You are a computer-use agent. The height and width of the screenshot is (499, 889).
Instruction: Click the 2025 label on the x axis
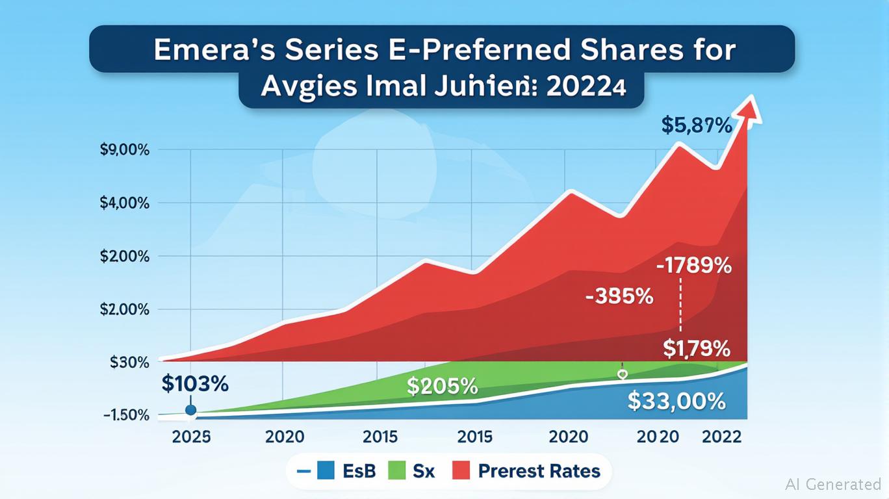[191, 437]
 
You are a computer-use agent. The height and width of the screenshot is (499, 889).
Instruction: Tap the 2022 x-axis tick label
[721, 437]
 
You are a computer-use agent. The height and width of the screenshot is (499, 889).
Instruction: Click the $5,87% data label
[697, 125]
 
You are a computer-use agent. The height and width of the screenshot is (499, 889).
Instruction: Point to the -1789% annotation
[693, 266]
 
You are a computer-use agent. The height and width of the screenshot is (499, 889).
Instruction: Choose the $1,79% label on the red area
[697, 349]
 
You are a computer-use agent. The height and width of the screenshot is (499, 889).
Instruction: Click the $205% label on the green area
[442, 387]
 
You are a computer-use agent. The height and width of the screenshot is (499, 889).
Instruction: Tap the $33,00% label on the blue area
[676, 402]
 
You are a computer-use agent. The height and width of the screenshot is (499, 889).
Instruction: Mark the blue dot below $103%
[190, 410]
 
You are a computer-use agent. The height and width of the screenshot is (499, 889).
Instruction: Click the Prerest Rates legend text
[539, 471]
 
